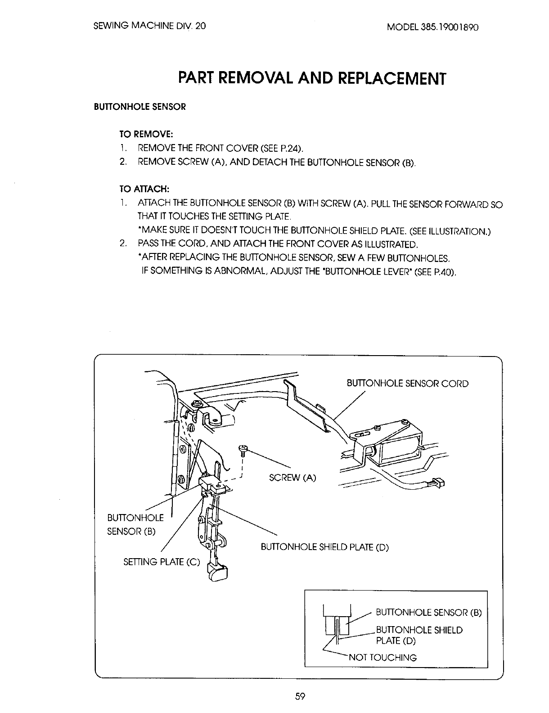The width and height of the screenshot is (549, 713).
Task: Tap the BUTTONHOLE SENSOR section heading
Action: pos(139,107)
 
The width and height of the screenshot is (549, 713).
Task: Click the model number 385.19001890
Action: pos(432,26)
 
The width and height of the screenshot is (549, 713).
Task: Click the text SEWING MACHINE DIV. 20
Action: pos(149,26)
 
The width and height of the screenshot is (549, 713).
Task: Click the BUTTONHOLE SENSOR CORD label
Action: pos(407,384)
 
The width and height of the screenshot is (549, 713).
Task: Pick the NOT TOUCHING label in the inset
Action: pos(382,657)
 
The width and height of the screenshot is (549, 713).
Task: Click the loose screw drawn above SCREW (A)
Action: pos(243,449)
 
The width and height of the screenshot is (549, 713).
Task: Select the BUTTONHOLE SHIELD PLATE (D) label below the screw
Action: pos(324,547)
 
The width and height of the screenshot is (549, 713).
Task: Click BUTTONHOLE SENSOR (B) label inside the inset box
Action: pos(428,612)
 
